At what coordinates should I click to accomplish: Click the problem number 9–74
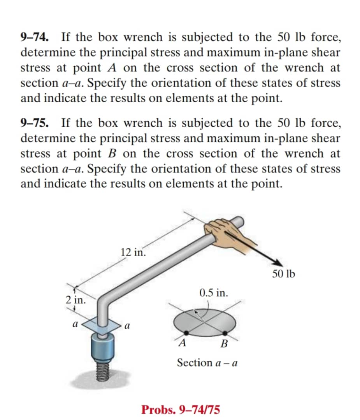[x=35, y=37]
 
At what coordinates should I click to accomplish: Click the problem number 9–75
[x=35, y=123]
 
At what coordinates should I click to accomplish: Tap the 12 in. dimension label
[x=133, y=252]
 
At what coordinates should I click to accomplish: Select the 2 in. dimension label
[x=74, y=300]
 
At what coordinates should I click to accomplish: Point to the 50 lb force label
[x=283, y=274]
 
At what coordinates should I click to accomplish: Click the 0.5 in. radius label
[x=213, y=292]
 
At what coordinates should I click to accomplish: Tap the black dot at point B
[x=225, y=333]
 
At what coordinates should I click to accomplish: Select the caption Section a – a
[x=207, y=363]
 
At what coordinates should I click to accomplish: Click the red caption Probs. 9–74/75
[x=181, y=409]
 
